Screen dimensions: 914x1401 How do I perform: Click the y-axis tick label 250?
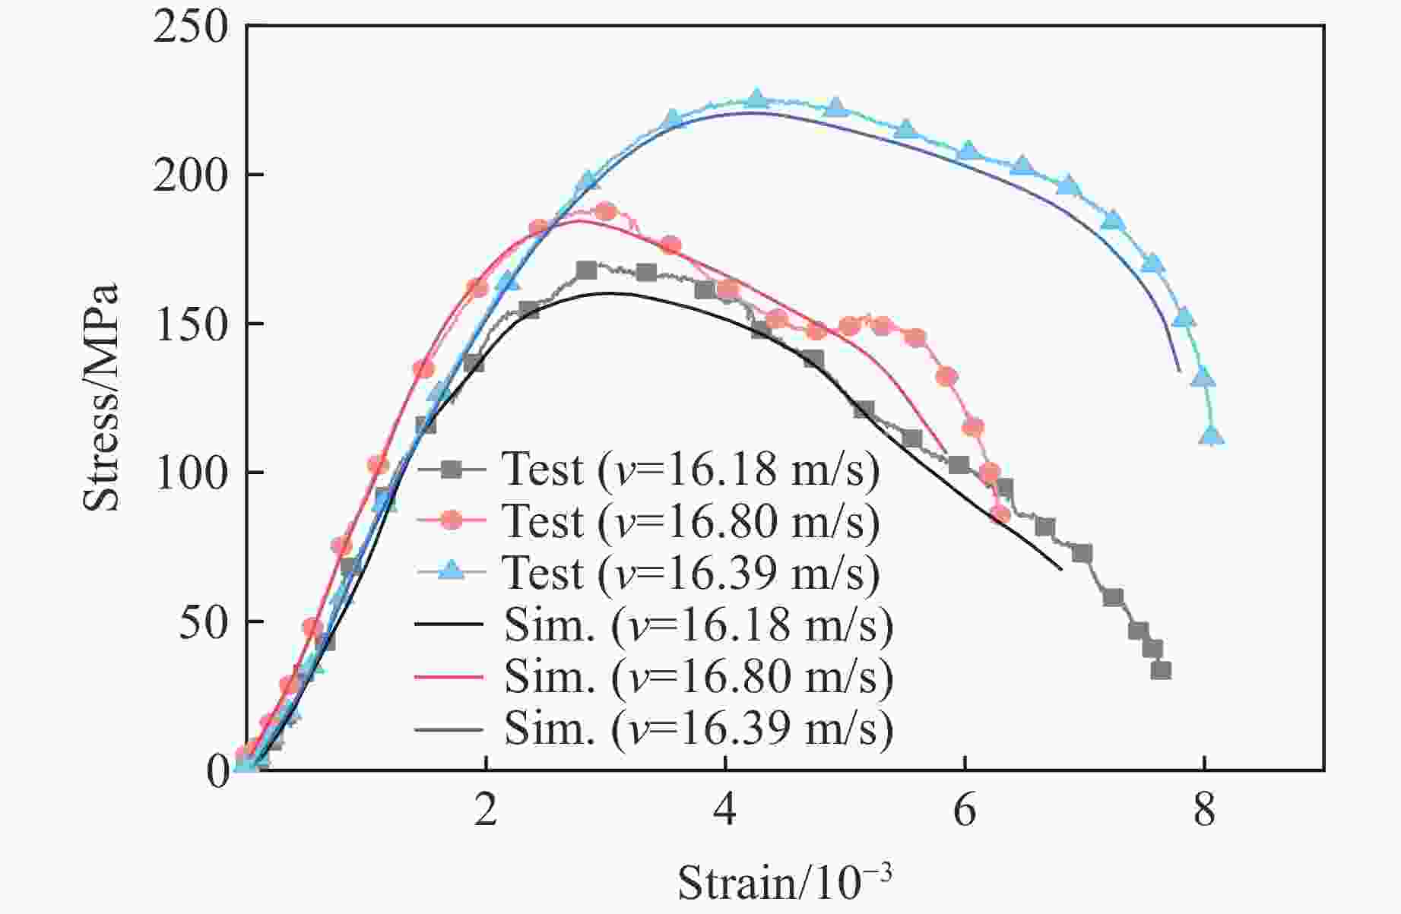coord(191,29)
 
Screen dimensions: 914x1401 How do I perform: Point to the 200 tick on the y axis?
coord(191,176)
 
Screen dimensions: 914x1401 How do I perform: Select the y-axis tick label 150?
coord(191,324)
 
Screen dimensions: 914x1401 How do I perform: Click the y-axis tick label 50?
coord(202,622)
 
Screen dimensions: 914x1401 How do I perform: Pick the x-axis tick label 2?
coord(486,812)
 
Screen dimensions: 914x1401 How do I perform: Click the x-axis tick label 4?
coord(725,812)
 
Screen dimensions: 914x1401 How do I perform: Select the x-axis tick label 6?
coord(965,812)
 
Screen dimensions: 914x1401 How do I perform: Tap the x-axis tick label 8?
coord(1204,812)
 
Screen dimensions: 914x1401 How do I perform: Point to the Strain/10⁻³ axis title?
coord(784,882)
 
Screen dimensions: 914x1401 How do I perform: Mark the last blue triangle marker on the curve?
coord(1212,436)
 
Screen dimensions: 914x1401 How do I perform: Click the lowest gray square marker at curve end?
coord(1161,670)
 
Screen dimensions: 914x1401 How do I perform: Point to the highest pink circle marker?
coord(605,211)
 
